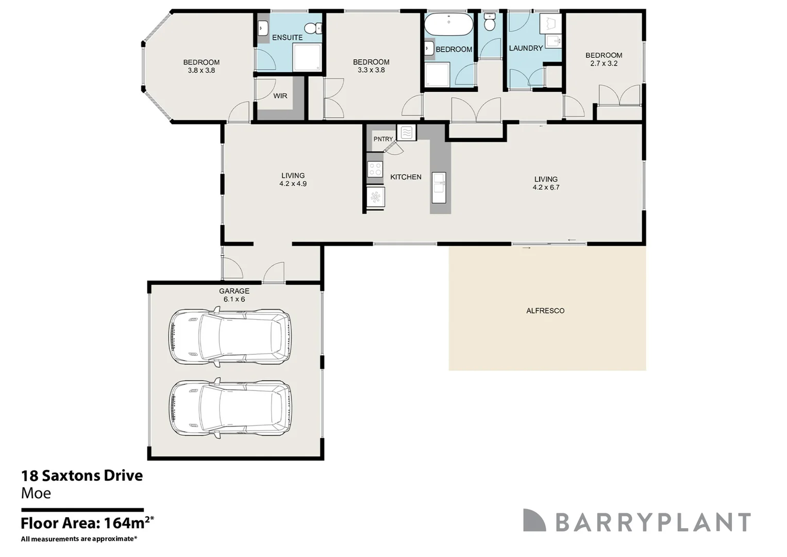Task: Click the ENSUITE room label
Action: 287,38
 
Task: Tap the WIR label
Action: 280,96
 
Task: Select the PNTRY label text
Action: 383,139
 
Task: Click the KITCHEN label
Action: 406,177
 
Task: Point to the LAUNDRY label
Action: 526,48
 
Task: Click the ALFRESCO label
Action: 545,311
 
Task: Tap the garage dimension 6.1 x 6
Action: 235,299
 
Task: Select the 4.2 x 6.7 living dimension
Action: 546,187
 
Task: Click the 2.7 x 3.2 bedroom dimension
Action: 604,63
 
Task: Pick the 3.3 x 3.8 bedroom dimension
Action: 372,70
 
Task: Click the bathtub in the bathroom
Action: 449,24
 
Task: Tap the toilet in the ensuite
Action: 312,28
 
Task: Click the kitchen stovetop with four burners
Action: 375,169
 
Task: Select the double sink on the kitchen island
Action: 439,188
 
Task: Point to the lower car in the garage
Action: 230,408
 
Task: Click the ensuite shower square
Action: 307,57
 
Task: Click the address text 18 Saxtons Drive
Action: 82,476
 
